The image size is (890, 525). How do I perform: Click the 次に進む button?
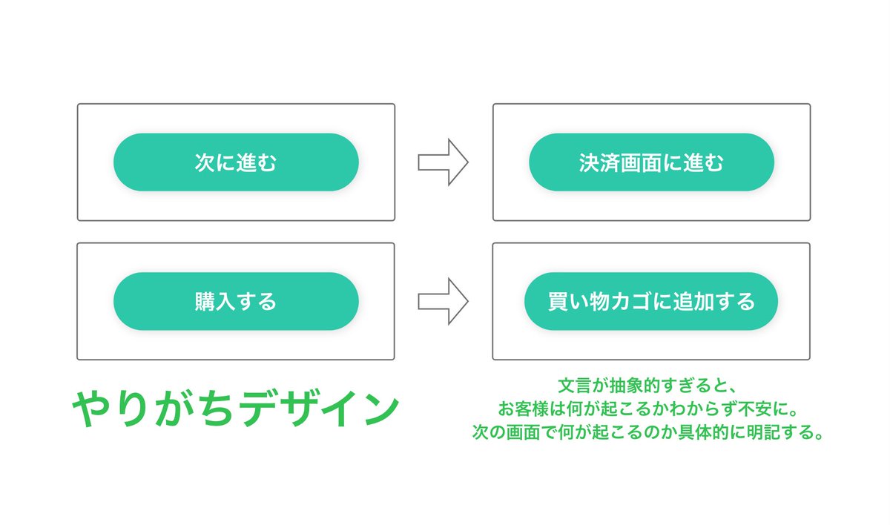point(236,162)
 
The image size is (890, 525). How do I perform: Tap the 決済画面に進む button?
point(652,162)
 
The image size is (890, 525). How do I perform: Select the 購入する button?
point(236,301)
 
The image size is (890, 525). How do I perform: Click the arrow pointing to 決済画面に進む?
point(443,162)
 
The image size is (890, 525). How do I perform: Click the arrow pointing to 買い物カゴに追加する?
point(443,301)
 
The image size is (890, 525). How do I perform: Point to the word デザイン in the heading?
point(321,409)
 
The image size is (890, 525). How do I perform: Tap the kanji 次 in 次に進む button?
point(205,162)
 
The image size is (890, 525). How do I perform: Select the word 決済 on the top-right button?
point(599,163)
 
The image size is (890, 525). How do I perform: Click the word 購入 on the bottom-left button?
point(215,301)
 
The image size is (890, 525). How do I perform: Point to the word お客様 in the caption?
point(524,409)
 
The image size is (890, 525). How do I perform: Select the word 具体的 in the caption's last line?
point(703,432)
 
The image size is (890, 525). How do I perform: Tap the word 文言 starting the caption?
point(575,386)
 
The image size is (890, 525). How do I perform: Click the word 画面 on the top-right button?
point(641,163)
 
